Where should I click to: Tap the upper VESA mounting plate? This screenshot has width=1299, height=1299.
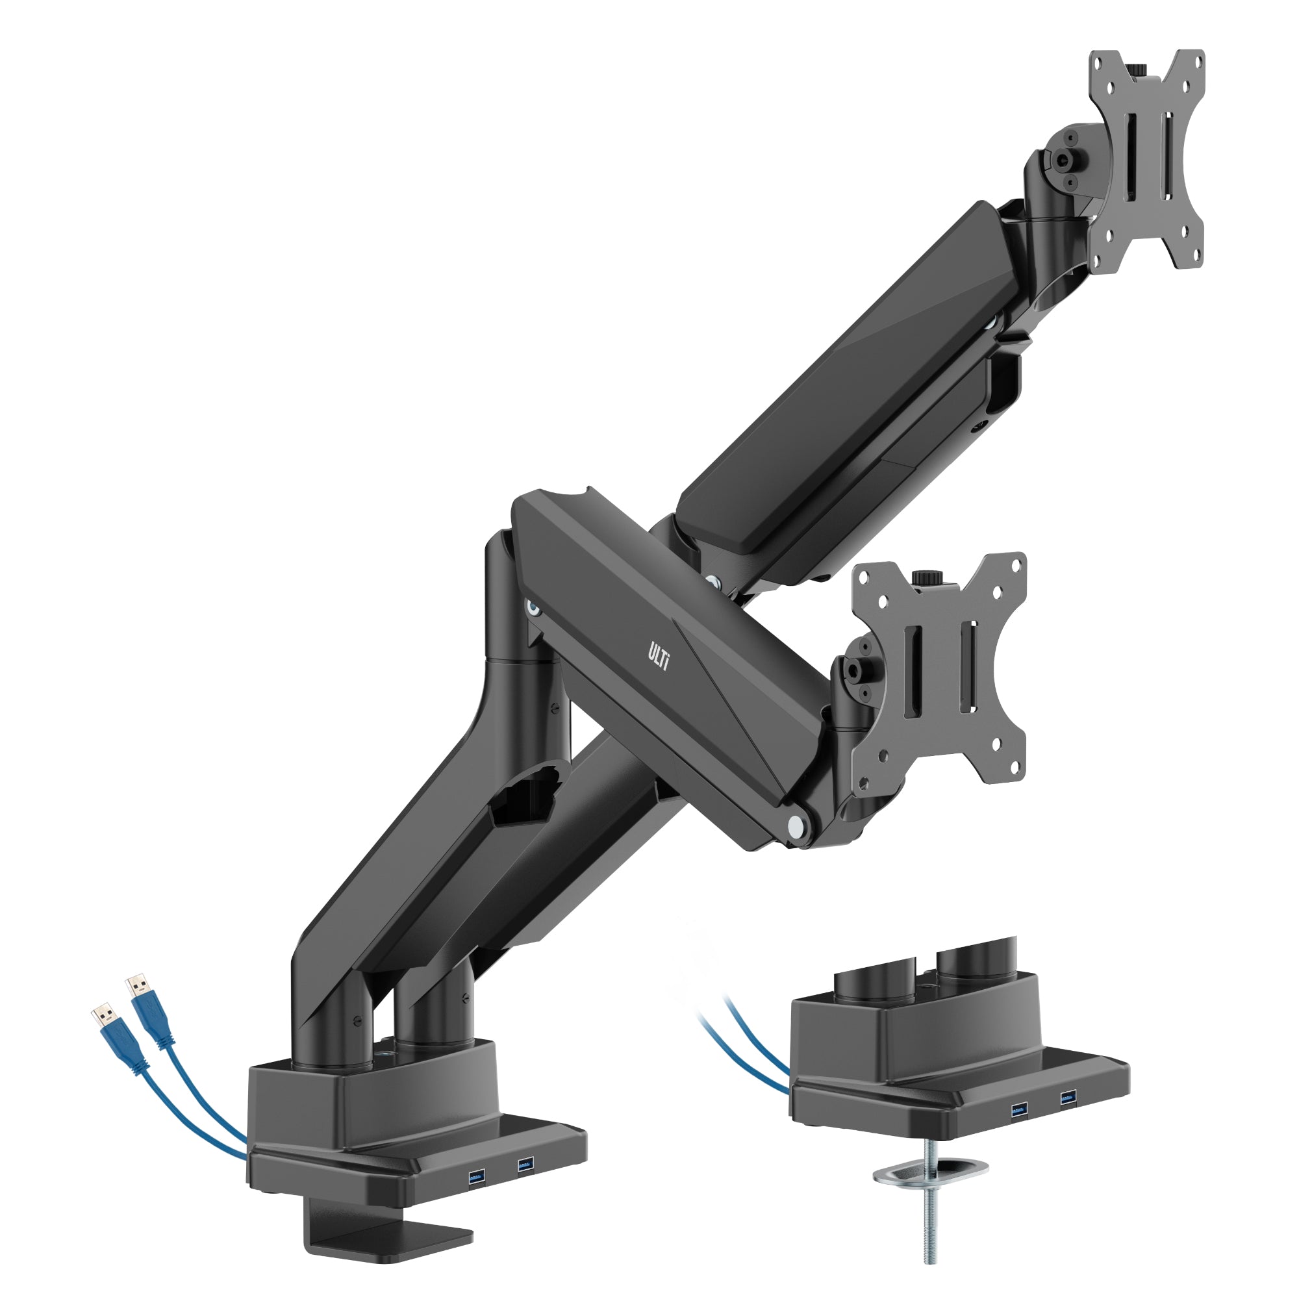point(1146,161)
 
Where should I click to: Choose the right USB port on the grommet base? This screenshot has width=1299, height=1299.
point(1068,1099)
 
